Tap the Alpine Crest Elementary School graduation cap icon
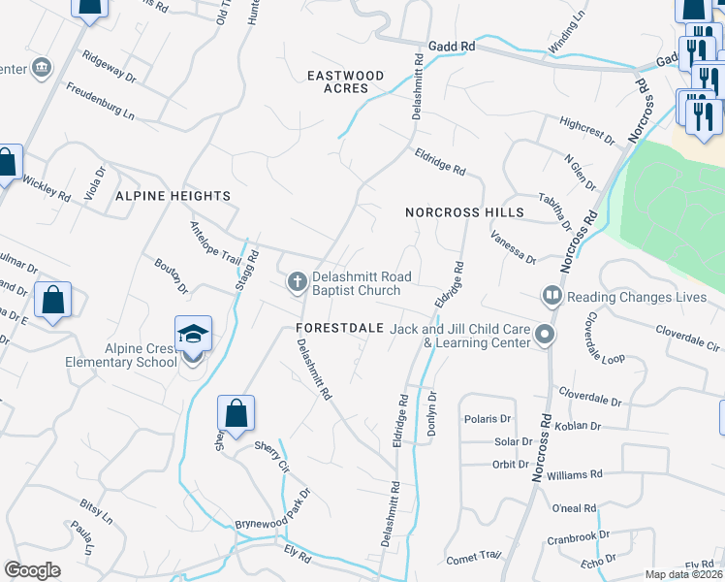coord(193,336)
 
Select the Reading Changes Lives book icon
coord(552,294)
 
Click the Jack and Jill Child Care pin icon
coord(545,337)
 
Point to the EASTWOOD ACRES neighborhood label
coord(346,81)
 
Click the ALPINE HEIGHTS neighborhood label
coord(173,196)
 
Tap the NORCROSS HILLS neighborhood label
coord(464,212)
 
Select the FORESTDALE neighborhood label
coord(340,329)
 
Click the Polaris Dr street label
coord(489,419)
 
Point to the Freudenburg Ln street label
coord(100,100)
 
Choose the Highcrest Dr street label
coord(587,130)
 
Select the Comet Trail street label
coord(474,558)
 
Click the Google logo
coord(32,570)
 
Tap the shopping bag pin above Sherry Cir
coord(236,414)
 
